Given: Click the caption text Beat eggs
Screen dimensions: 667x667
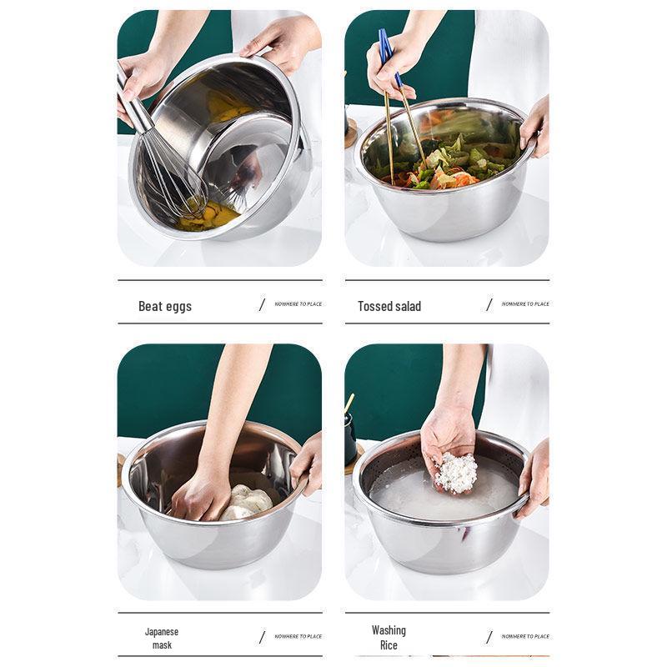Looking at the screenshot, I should click(x=165, y=306).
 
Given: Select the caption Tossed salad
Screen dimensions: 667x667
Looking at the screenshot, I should click(x=389, y=306).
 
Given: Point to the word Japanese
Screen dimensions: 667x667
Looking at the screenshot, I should click(x=162, y=631).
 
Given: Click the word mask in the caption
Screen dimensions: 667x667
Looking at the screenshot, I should click(x=162, y=645).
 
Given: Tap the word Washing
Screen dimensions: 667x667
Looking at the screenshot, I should click(x=389, y=630).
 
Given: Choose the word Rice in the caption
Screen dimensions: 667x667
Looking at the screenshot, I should click(x=389, y=645).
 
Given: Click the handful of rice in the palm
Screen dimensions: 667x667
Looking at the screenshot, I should click(x=457, y=473).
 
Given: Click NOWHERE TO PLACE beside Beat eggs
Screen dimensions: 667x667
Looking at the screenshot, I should click(x=298, y=304).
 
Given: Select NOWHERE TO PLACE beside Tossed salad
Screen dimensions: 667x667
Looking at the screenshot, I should click(x=525, y=304).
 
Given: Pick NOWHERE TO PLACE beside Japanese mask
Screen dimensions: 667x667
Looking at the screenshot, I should click(x=298, y=636).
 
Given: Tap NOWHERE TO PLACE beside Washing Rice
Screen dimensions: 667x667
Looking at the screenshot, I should click(x=525, y=636).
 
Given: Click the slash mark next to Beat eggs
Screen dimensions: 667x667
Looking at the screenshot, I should click(x=262, y=304).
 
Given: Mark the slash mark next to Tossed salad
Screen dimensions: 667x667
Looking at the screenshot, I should click(x=489, y=304).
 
